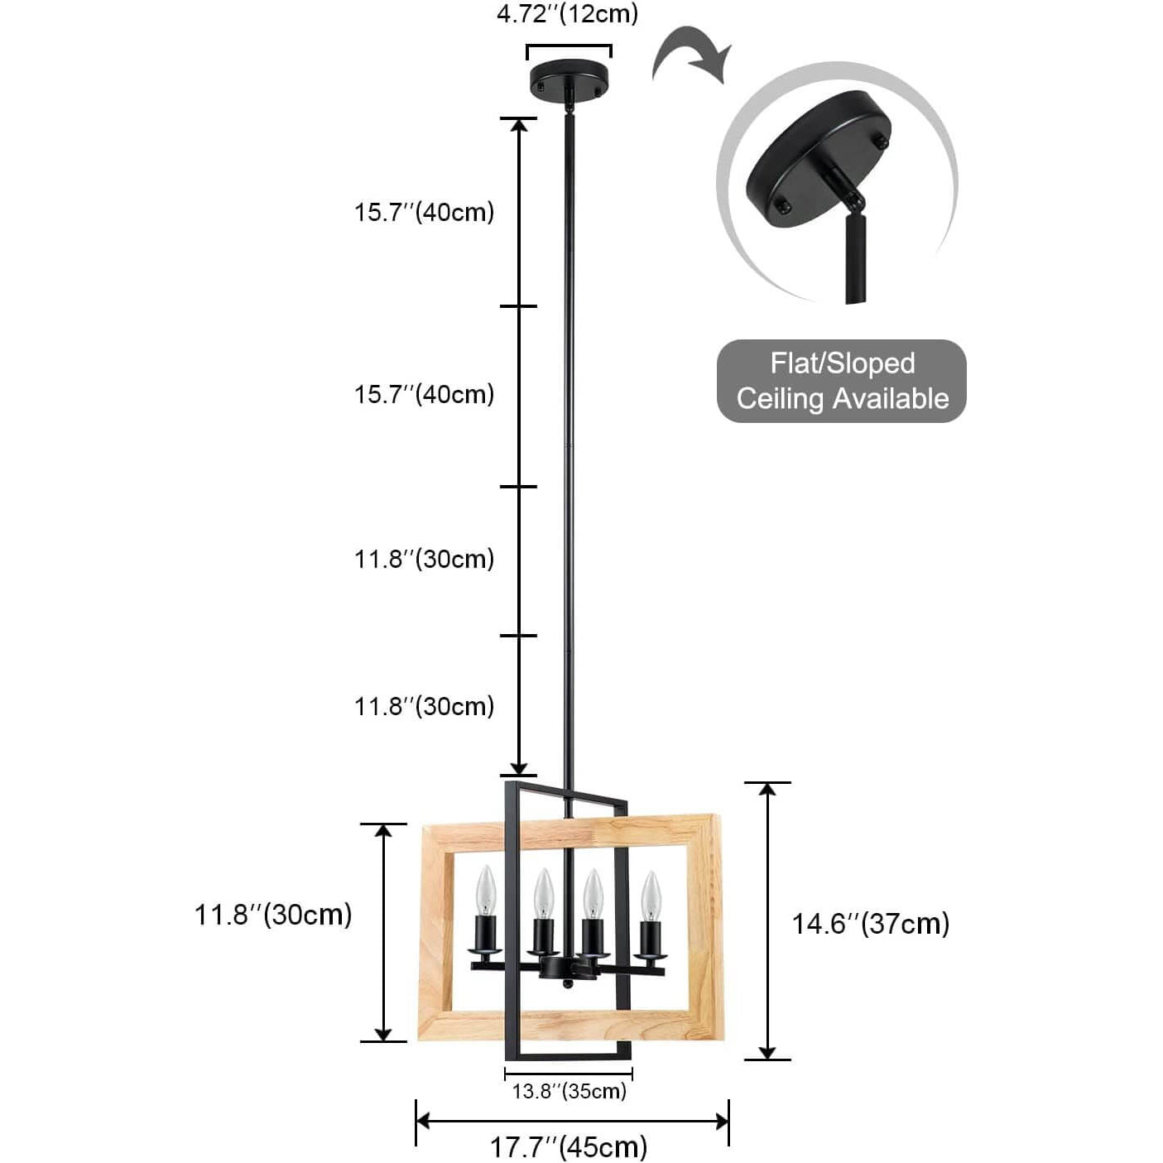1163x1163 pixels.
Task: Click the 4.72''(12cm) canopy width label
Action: (x=568, y=14)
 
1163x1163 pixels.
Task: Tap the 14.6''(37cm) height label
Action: (x=871, y=923)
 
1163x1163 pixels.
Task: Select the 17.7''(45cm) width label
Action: (x=569, y=1147)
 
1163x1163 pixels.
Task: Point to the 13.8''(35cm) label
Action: (x=569, y=1091)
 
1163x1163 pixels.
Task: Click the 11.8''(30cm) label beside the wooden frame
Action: (x=273, y=915)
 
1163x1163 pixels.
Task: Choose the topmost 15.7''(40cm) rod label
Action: (x=424, y=212)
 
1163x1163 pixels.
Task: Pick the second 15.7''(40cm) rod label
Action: (x=424, y=394)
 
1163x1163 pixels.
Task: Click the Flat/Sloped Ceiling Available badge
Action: (x=842, y=381)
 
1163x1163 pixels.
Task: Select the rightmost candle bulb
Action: (x=651, y=895)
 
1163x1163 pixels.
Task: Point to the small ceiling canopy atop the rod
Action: (x=569, y=79)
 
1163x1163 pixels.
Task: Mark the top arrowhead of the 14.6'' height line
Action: (x=768, y=789)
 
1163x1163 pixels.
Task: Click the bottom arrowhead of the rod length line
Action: (x=519, y=767)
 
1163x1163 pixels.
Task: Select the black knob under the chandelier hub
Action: (x=566, y=983)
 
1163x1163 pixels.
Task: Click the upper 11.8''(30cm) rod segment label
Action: (x=424, y=559)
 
